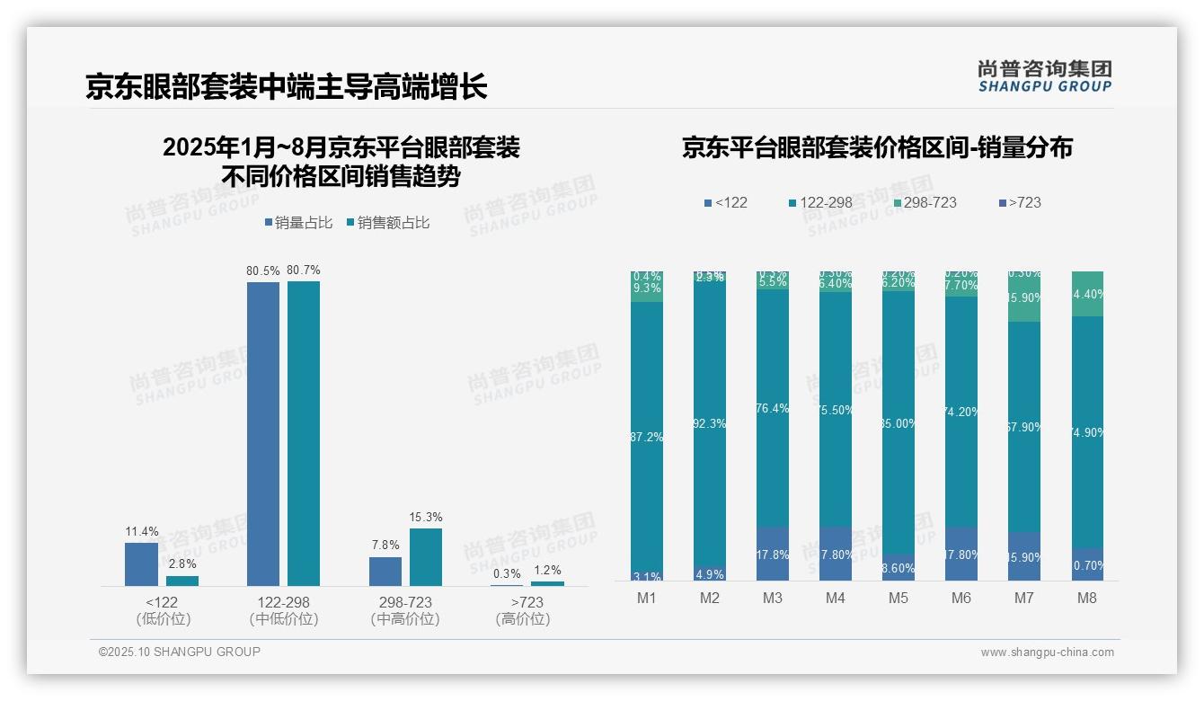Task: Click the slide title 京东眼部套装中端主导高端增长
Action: tap(286, 86)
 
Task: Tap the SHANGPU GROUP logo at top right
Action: tap(1044, 76)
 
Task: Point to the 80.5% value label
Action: tap(263, 271)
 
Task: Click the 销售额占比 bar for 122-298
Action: tap(304, 433)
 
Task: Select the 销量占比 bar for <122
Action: tap(141, 563)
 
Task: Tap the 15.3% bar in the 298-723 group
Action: tap(426, 556)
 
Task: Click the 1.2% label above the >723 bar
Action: tap(547, 570)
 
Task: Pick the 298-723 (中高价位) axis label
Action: tap(405, 610)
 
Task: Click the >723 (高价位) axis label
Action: tap(523, 610)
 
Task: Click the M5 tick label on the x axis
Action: tap(898, 599)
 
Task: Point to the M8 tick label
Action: tap(1087, 599)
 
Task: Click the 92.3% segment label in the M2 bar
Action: tap(709, 423)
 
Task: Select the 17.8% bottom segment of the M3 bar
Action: tap(772, 555)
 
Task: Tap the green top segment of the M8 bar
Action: tap(1087, 293)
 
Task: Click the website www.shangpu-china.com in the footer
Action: tap(1047, 652)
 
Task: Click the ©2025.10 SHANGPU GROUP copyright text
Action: tap(180, 652)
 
